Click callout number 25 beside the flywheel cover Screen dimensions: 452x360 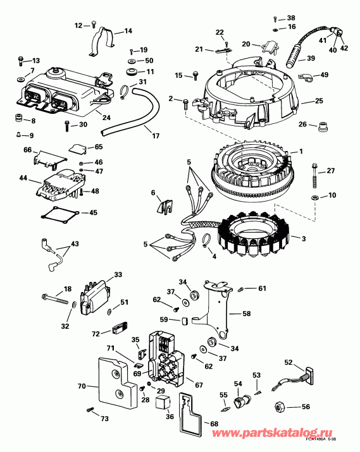[319, 101]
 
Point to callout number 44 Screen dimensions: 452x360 [23, 179]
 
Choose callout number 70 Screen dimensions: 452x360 [81, 385]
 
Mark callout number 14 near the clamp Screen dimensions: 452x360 [128, 30]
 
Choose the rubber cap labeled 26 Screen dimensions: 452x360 [320, 124]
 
